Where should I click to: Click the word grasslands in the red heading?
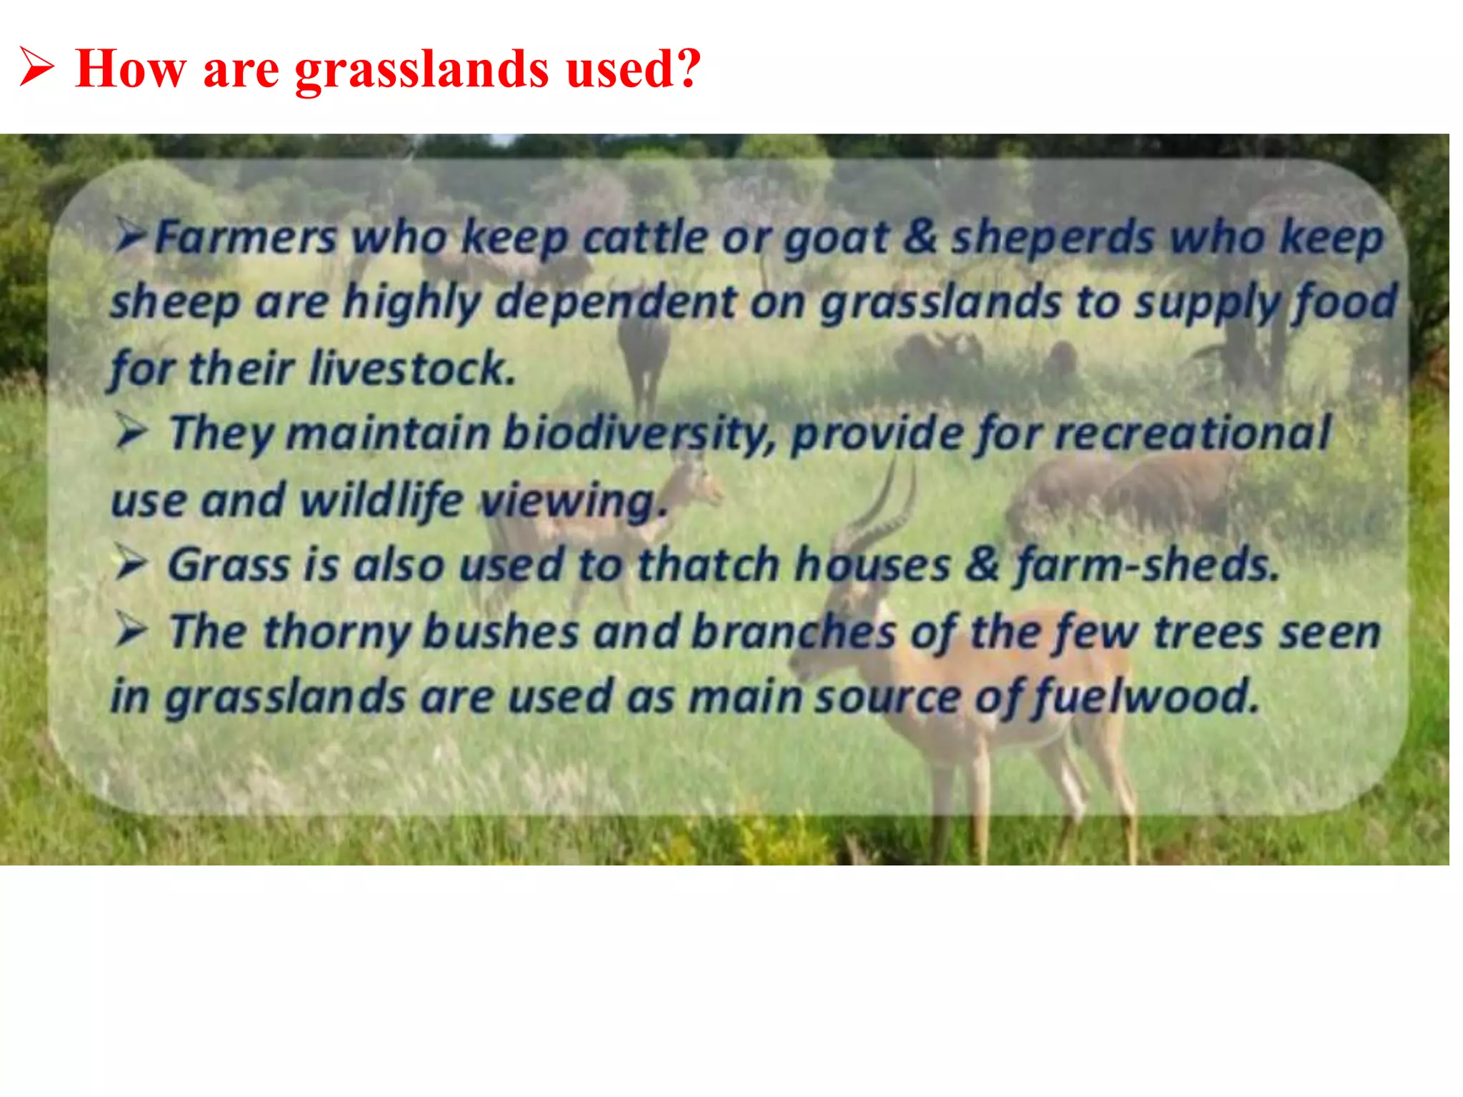click(422, 69)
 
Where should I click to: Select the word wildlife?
click(381, 500)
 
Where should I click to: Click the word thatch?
click(708, 565)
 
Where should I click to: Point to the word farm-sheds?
click(1147, 565)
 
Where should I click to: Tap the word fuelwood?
click(1147, 696)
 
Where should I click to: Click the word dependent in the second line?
click(616, 302)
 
